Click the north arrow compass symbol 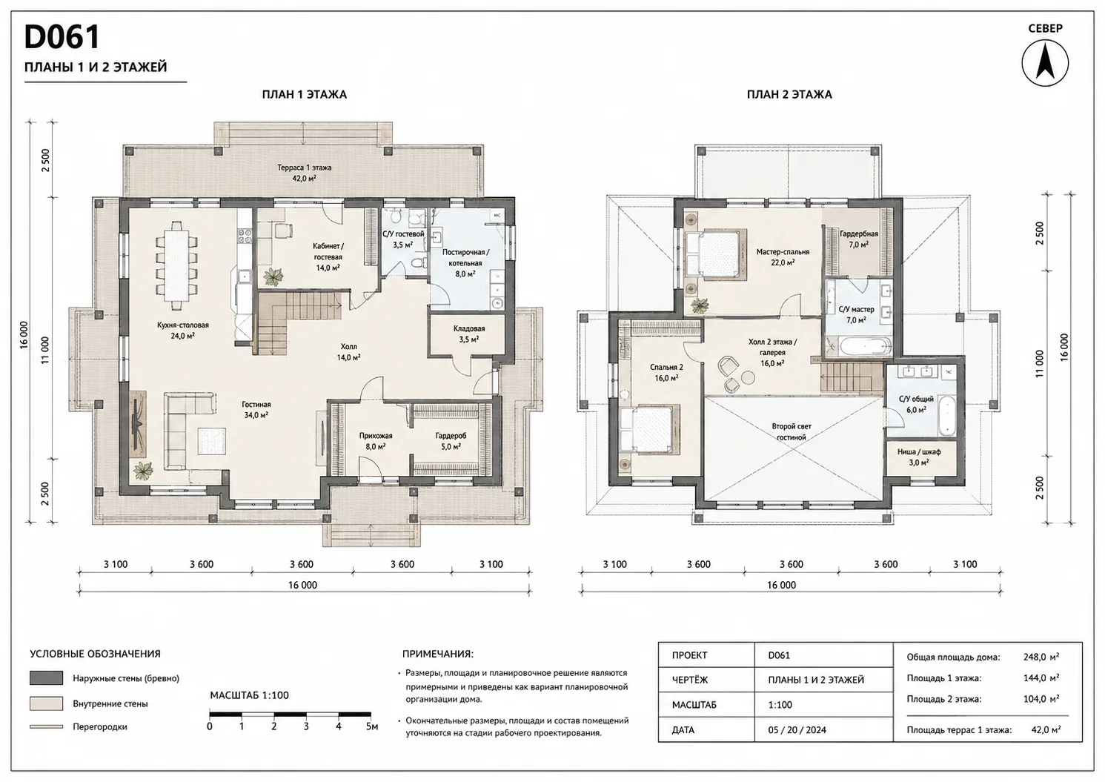[x=1045, y=63]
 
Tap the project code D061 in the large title [x=62, y=37]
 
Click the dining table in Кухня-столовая [x=176, y=260]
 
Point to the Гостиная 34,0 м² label [x=256, y=409]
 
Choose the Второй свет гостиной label [x=792, y=431]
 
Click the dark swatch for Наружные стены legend [x=47, y=678]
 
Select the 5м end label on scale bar [x=372, y=726]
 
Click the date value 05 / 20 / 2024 [x=797, y=729]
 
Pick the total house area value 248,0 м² [x=1041, y=657]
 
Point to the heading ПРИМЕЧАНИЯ [x=437, y=655]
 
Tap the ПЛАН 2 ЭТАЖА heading [x=789, y=94]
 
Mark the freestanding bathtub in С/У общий [x=946, y=416]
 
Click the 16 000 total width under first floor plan [x=302, y=585]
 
